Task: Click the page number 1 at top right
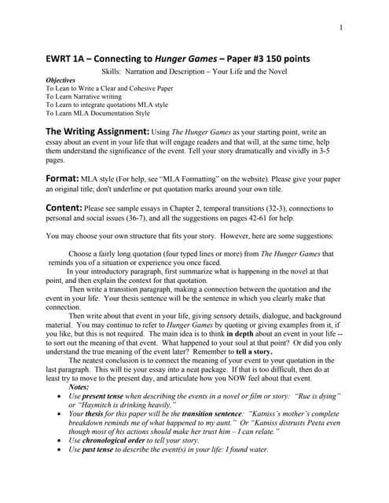click(x=342, y=29)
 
